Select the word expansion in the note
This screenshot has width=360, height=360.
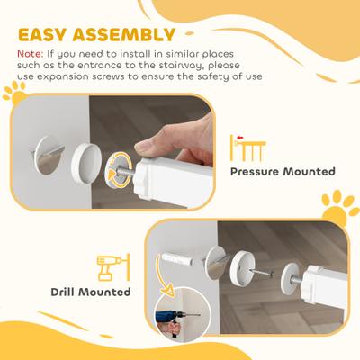(x=82, y=78)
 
